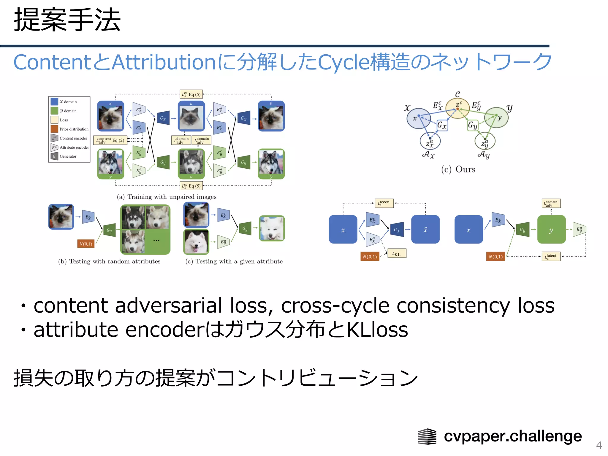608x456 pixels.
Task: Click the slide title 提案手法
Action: coord(67,20)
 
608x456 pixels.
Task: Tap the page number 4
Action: coord(599,445)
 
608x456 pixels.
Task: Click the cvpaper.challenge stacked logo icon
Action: coord(427,436)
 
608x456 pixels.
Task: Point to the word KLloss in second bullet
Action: coord(377,330)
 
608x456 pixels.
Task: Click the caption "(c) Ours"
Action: coord(458,170)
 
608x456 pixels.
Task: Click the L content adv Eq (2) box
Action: coord(110,140)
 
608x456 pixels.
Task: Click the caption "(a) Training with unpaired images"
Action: coord(167,197)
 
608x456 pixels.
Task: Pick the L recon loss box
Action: coord(384,203)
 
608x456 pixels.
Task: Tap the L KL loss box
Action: coord(397,254)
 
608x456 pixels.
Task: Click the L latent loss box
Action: coord(551,256)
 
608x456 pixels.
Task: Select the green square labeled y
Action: coord(551,230)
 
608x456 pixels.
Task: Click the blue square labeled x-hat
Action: coord(425,230)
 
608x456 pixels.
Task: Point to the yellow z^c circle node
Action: coord(458,108)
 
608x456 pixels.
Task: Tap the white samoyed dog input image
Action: coord(196,242)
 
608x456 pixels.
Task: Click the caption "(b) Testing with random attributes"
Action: coord(109,262)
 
